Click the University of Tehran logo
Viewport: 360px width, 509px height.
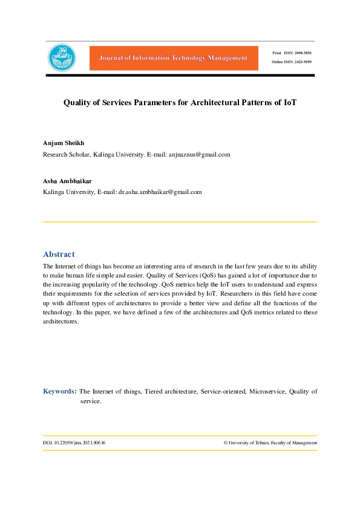pos(62,57)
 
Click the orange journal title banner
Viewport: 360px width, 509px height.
pos(174,58)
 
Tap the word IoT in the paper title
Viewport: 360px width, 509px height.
pos(290,102)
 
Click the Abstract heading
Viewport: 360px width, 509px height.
pos(59,254)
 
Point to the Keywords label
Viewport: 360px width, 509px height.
pos(59,392)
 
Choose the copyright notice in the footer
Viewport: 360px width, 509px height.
pos(270,443)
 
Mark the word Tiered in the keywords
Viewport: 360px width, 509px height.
pos(153,392)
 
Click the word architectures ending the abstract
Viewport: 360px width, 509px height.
pos(61,322)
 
